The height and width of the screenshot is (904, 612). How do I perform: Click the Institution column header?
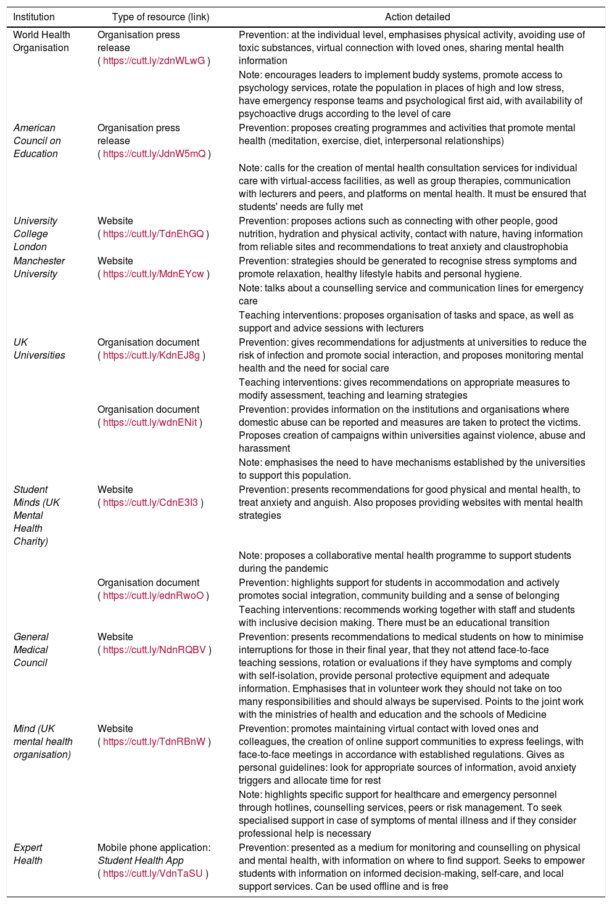tap(34, 17)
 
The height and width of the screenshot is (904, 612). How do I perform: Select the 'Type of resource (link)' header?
tap(160, 17)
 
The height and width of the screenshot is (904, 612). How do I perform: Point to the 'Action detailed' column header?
tap(417, 17)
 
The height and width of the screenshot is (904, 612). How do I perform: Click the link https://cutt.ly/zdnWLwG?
tap(154, 60)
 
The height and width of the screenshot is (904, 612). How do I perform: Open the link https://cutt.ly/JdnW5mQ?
tap(154, 153)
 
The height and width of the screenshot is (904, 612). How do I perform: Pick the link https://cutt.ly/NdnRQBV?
tap(154, 649)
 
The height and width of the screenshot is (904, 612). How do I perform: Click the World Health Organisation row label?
tap(41, 41)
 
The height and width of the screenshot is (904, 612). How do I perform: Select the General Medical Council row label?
tap(31, 649)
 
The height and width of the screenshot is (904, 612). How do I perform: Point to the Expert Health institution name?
tap(28, 854)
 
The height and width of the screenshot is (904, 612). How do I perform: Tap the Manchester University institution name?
tap(39, 267)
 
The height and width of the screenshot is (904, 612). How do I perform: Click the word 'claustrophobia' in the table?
tap(537, 246)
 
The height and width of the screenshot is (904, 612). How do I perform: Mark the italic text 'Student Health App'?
tap(138, 860)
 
